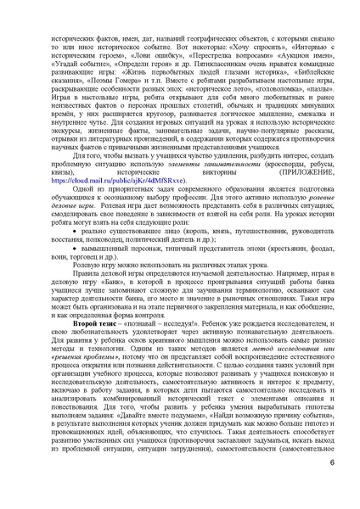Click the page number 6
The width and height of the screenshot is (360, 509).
[331, 484]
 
